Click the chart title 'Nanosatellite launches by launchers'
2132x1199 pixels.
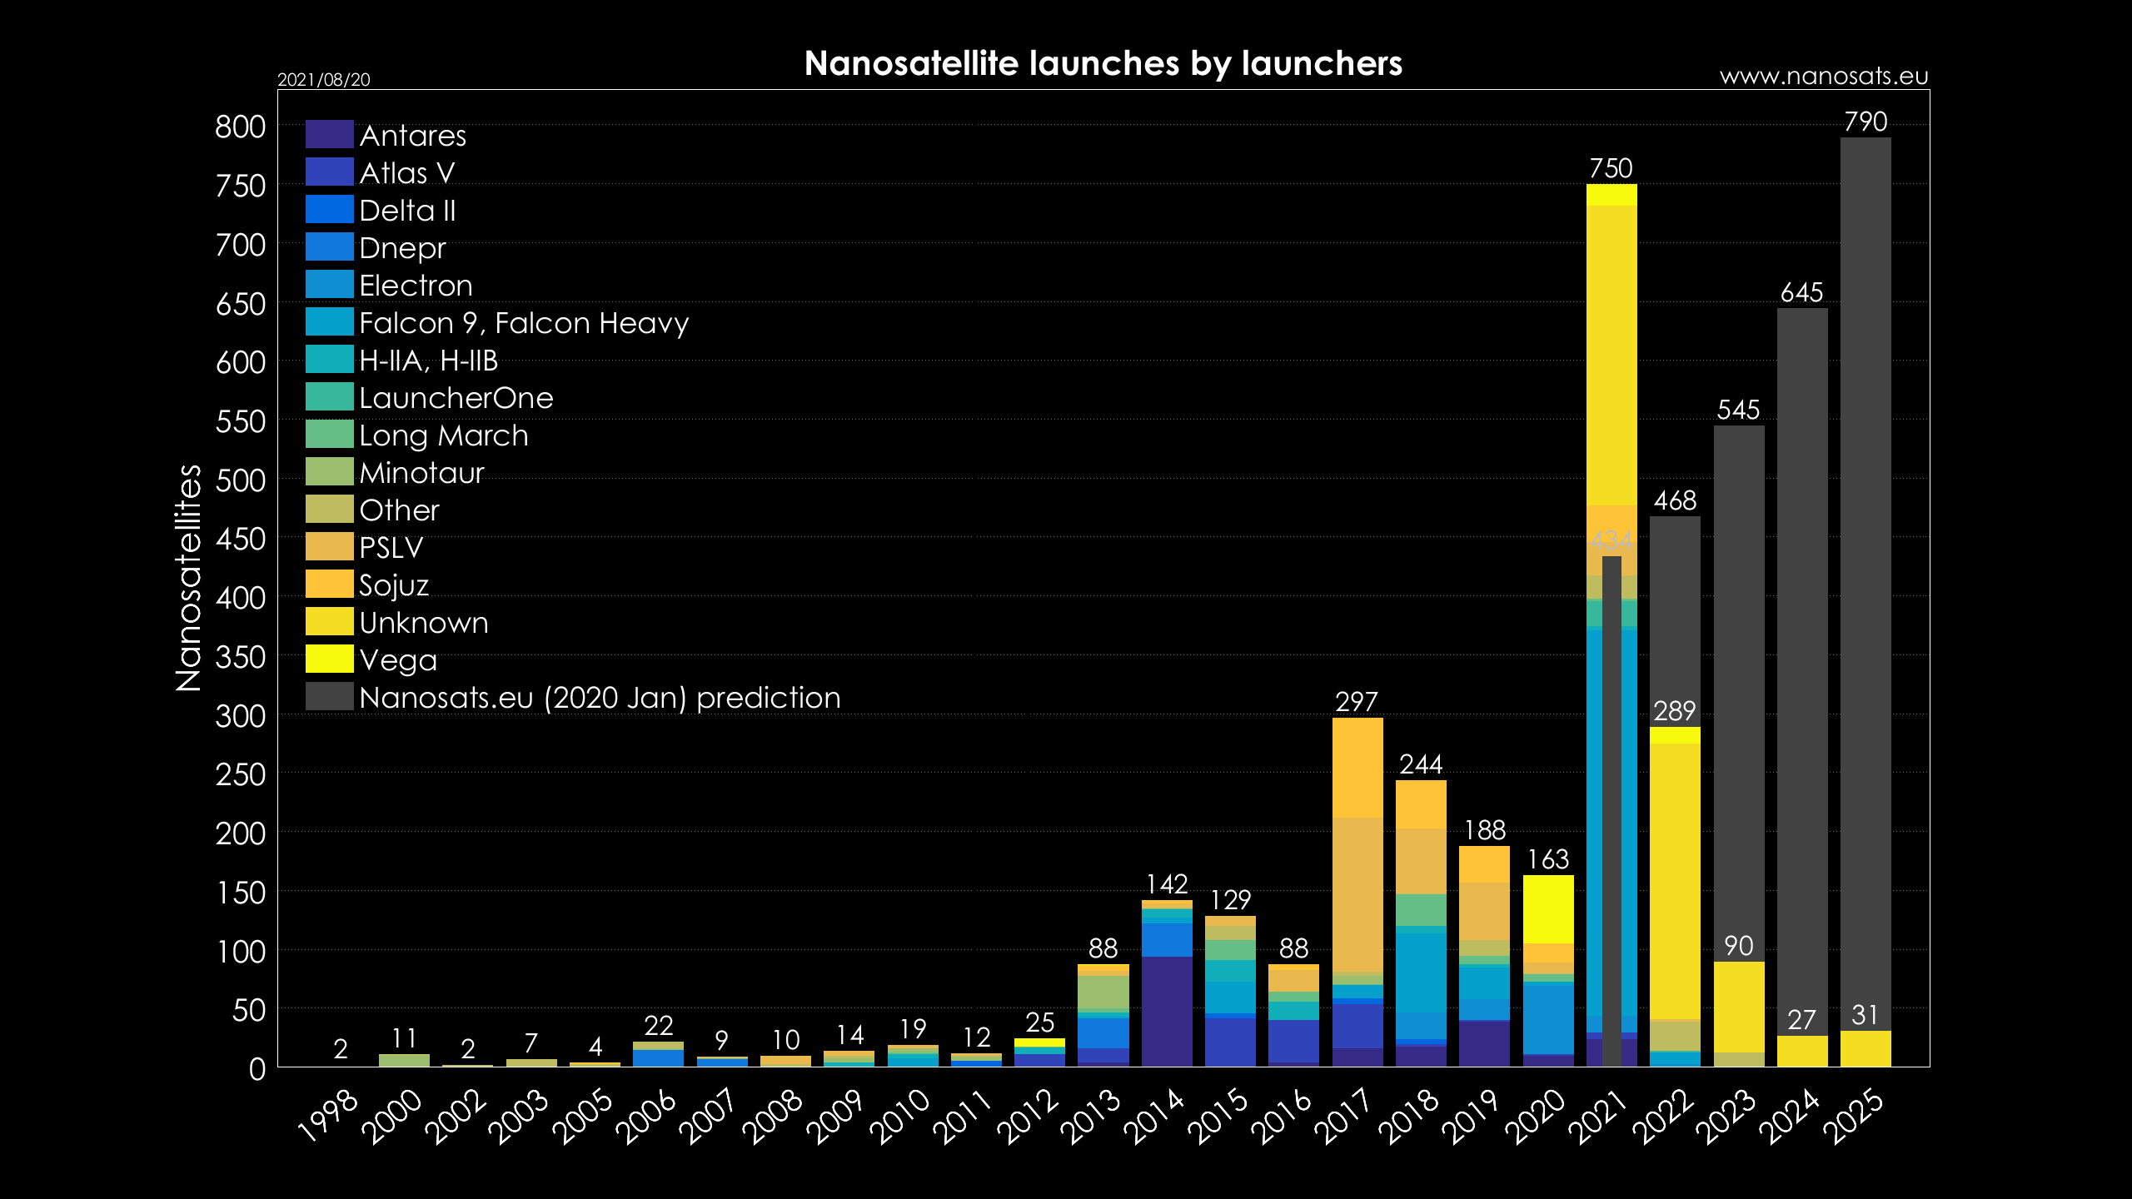pyautogui.click(x=1103, y=64)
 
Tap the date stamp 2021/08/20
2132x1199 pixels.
pyautogui.click(x=323, y=80)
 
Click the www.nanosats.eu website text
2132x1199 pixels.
pyautogui.click(x=1823, y=77)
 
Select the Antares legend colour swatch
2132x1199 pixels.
pyautogui.click(x=329, y=134)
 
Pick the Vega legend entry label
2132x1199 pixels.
pyautogui.click(x=397, y=660)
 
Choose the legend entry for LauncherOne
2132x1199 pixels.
pyautogui.click(x=456, y=398)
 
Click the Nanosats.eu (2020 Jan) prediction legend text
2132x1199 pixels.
pyautogui.click(x=600, y=698)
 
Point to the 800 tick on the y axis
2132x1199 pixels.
pyautogui.click(x=240, y=127)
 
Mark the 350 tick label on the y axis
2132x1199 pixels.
pyautogui.click(x=240, y=658)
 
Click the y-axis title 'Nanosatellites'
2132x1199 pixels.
pyautogui.click(x=189, y=578)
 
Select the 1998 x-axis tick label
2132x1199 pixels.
pyautogui.click(x=328, y=1116)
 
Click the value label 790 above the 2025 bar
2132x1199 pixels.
pyautogui.click(x=1865, y=122)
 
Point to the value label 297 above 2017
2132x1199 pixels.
pyautogui.click(x=1357, y=702)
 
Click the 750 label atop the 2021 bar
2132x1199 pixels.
pyautogui.click(x=1611, y=169)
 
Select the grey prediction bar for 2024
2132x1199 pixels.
pyautogui.click(x=1801, y=666)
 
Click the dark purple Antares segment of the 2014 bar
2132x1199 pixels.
pyautogui.click(x=1167, y=1012)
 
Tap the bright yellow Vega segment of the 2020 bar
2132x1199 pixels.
pyautogui.click(x=1548, y=909)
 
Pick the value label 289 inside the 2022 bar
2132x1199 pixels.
pyautogui.click(x=1674, y=711)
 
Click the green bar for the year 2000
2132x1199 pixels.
pyautogui.click(x=404, y=1060)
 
